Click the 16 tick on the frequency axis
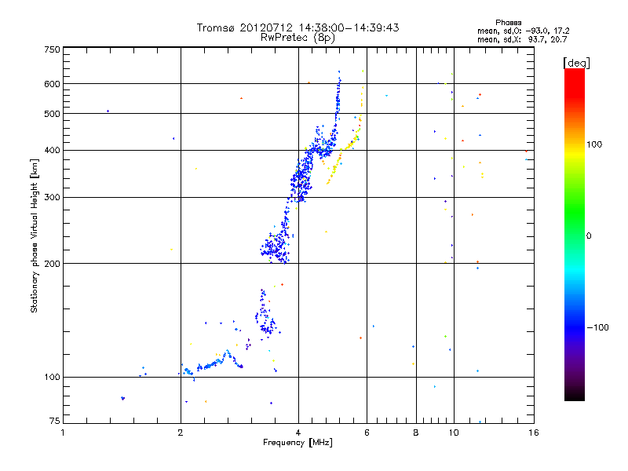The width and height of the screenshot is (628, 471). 533,433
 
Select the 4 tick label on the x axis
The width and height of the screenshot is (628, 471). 298,433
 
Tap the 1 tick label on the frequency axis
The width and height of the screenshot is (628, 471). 64,433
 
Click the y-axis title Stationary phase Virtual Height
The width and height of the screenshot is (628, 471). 35,235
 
